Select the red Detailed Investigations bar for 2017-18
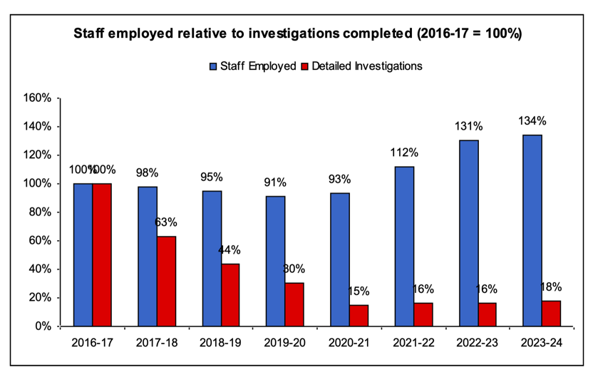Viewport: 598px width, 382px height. click(166, 281)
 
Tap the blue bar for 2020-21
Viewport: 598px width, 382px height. click(340, 259)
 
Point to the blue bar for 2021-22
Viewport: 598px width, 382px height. click(404, 246)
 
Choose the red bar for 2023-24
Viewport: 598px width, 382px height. click(551, 313)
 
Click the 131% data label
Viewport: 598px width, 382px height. click(469, 126)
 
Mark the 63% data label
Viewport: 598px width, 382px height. click(166, 222)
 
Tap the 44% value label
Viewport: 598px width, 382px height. click(230, 249)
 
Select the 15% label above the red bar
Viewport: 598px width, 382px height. click(359, 291)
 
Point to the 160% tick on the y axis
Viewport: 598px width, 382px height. click(38, 98)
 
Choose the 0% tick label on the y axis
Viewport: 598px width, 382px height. click(43, 326)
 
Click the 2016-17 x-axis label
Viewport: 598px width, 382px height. click(93, 343)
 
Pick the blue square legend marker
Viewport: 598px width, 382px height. click(212, 66)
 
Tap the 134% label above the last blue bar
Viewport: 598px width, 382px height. click(532, 120)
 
